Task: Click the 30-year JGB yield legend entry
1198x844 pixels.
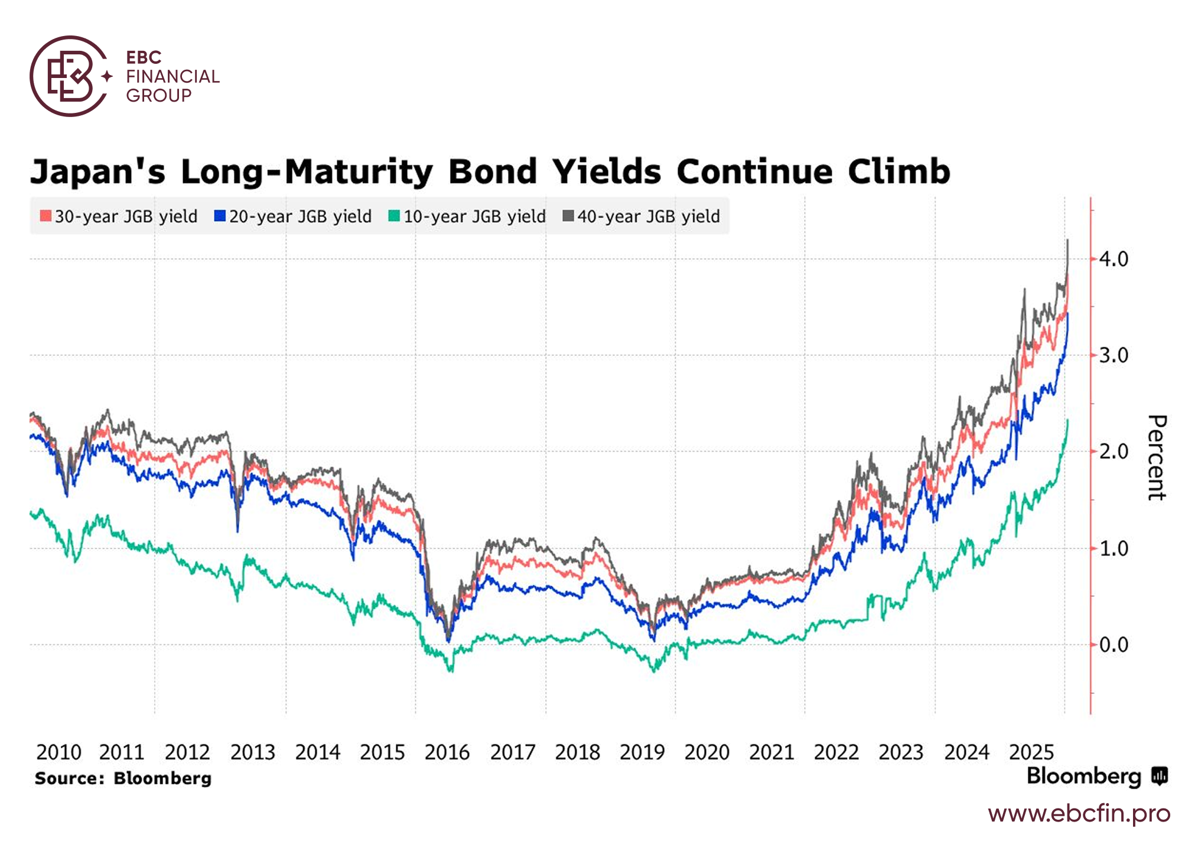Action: [x=119, y=216]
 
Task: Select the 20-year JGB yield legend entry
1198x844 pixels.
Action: [x=293, y=216]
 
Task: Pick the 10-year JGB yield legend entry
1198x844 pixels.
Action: [x=467, y=216]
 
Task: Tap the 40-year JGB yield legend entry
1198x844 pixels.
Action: [x=642, y=216]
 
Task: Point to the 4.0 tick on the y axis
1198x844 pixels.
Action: [x=1114, y=259]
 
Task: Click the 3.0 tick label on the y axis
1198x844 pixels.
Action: [x=1114, y=355]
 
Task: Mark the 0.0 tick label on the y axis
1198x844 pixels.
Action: [x=1114, y=645]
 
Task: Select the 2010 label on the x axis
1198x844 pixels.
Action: [x=58, y=752]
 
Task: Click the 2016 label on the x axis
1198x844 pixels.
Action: [x=447, y=752]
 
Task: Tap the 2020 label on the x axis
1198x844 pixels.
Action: [x=707, y=752]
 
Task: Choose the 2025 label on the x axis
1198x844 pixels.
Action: [x=1031, y=752]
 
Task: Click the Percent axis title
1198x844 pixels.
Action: [x=1156, y=457]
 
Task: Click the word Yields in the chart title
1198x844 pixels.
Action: [x=607, y=172]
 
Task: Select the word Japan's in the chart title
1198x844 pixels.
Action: [x=98, y=172]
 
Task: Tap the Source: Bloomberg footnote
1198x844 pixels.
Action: [x=123, y=778]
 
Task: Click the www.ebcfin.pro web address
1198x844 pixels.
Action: [x=1079, y=814]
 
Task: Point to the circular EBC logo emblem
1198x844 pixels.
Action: [x=70, y=76]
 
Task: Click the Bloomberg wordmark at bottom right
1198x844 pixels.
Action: [x=1084, y=776]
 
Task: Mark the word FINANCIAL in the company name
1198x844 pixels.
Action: [x=172, y=76]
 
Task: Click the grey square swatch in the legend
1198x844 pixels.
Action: [x=568, y=216]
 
